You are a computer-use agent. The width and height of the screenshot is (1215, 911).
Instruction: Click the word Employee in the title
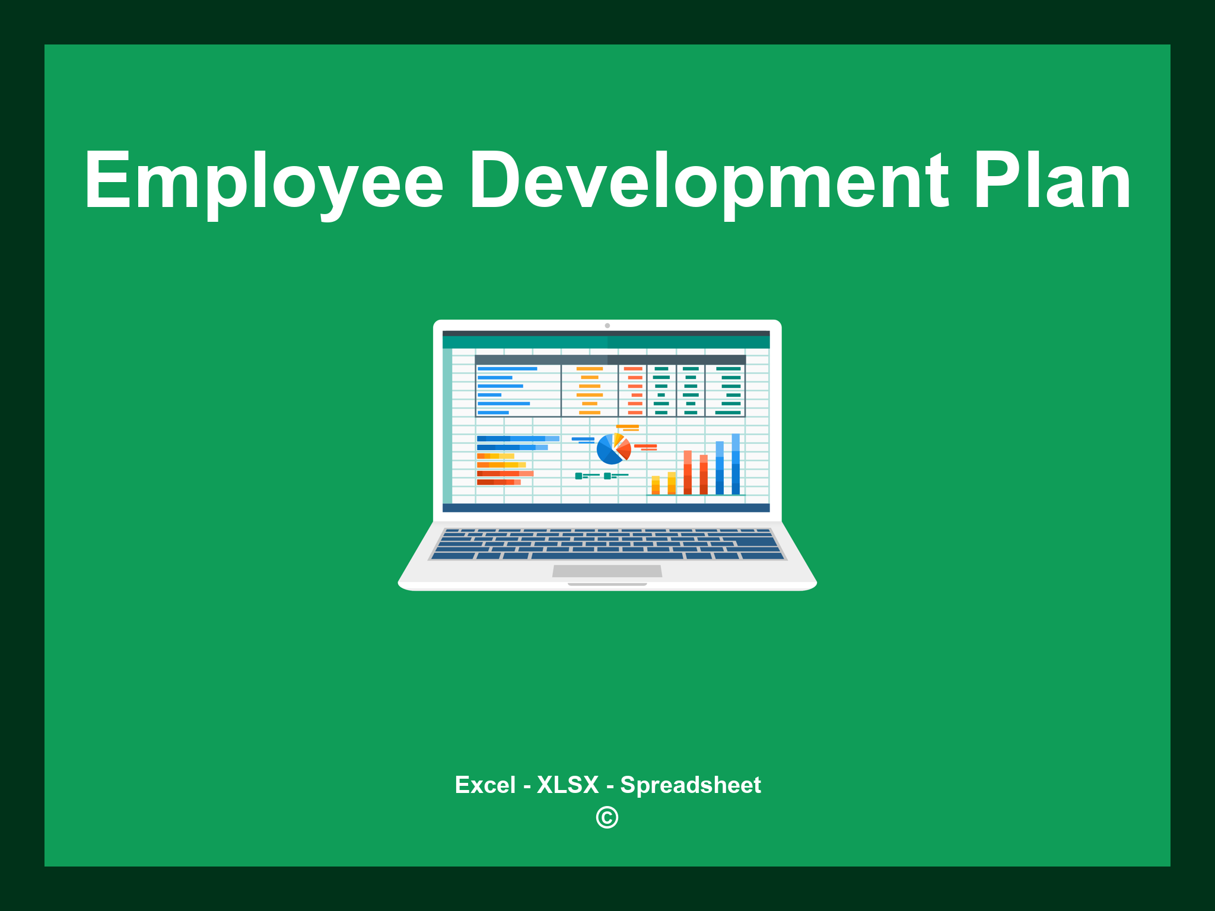(263, 181)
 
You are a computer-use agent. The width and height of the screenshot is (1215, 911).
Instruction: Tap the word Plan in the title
(1052, 181)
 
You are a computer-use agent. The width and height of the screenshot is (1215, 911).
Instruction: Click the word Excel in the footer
(485, 785)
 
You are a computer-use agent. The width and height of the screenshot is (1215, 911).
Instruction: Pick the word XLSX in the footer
(568, 785)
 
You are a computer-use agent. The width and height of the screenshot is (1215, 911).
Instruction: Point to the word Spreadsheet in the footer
(690, 785)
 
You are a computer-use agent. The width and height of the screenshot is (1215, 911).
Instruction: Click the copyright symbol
(607, 817)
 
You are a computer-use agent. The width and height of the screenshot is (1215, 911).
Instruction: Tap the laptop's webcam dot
(607, 326)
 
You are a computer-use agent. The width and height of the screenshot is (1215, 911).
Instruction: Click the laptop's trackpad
(607, 571)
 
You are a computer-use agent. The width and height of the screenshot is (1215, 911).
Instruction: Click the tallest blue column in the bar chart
(736, 464)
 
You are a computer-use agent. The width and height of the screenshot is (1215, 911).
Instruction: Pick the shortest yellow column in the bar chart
(656, 485)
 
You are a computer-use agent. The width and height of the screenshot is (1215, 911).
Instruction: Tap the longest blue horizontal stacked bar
(517, 439)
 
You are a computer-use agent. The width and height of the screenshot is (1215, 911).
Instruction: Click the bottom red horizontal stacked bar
(498, 482)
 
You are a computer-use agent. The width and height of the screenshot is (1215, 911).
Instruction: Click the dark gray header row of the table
(610, 359)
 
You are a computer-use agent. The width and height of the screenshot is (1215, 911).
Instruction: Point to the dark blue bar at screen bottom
(606, 508)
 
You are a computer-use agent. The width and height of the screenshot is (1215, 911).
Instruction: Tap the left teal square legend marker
(578, 476)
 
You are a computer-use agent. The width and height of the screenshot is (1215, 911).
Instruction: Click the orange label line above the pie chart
(627, 426)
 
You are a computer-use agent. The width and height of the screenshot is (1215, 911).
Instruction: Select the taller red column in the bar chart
(688, 472)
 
